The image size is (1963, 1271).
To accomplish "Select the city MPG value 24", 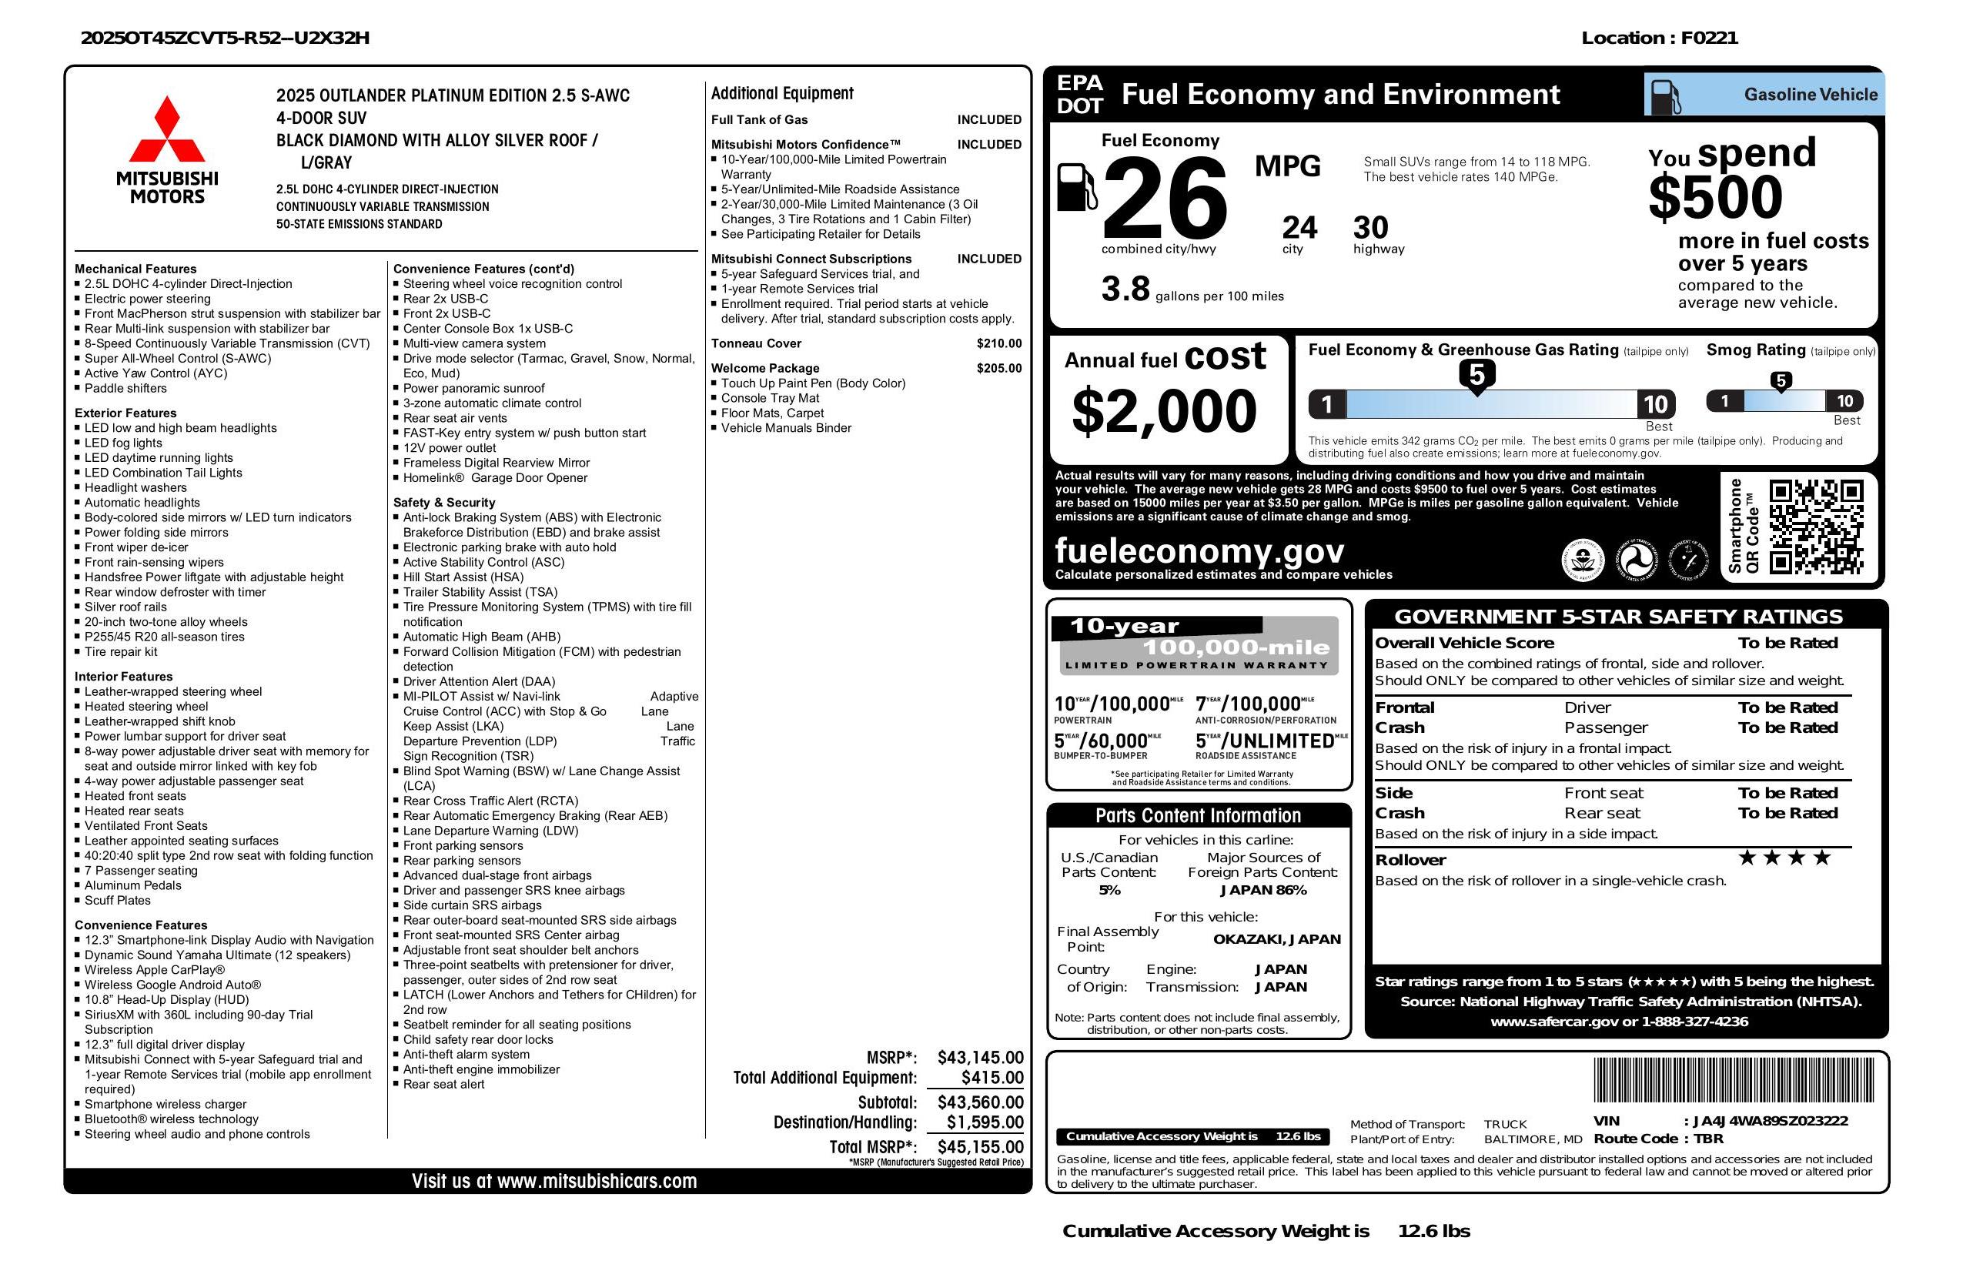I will click(x=1299, y=228).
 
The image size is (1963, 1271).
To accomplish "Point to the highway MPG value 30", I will click(x=1371, y=228).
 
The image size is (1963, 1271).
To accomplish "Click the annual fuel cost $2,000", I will click(x=1164, y=411).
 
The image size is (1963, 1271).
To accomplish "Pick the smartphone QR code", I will click(x=1815, y=527).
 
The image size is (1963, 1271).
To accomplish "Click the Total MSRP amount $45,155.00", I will click(x=980, y=1146).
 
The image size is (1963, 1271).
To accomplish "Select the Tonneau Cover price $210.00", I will click(x=999, y=343).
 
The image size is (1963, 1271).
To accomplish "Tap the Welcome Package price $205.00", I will click(x=999, y=368).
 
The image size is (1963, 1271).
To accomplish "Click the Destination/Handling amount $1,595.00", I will click(x=985, y=1122).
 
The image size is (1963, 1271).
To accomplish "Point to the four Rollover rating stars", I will click(x=1785, y=858).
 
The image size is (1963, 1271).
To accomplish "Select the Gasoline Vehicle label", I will click(x=1810, y=95).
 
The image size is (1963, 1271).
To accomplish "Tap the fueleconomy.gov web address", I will click(x=1199, y=550).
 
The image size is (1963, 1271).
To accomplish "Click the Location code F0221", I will click(x=1709, y=38).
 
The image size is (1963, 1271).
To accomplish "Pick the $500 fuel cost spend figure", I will click(x=1715, y=197).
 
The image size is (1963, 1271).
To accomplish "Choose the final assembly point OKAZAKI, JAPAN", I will click(x=1276, y=938).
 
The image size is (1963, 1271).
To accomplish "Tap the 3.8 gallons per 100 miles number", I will click(x=1125, y=289).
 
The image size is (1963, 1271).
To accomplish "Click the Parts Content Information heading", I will click(x=1198, y=816).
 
